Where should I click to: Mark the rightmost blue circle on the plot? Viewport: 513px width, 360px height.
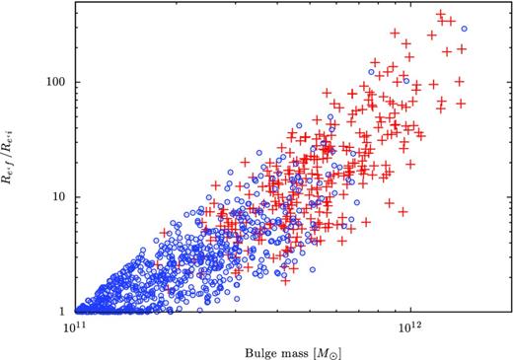[x=463, y=29]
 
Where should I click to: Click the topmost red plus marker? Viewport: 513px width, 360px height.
[x=440, y=15]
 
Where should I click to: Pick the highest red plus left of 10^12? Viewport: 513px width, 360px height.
[x=395, y=34]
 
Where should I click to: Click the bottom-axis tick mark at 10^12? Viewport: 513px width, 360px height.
[x=409, y=308]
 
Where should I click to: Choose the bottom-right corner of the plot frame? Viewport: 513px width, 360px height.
[x=510, y=311]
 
